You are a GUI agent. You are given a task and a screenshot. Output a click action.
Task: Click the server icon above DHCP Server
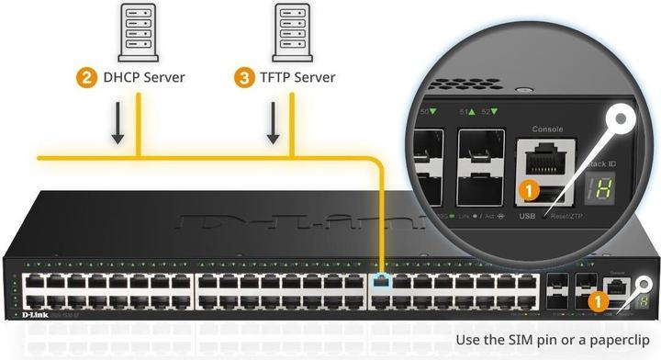point(137,28)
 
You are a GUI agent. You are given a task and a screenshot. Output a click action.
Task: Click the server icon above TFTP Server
point(293,28)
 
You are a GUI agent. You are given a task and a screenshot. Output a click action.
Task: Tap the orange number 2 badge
point(86,77)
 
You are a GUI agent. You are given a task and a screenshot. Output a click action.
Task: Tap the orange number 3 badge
point(244,77)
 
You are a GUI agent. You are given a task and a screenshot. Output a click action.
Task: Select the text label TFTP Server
point(297,77)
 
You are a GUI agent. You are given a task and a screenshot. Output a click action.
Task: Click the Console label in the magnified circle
point(547,129)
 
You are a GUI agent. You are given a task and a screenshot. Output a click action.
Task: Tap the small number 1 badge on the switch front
point(597,298)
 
